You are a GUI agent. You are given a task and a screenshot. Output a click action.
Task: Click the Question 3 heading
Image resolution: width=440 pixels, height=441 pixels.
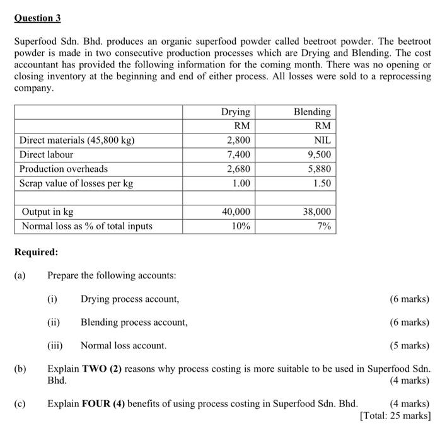tap(37, 18)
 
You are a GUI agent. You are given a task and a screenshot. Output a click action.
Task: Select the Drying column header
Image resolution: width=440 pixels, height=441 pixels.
tap(235, 112)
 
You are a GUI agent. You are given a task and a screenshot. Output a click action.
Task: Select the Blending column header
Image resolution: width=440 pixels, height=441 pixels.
tap(312, 112)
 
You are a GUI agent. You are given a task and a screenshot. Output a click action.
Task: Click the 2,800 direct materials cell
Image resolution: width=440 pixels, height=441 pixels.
tap(238, 140)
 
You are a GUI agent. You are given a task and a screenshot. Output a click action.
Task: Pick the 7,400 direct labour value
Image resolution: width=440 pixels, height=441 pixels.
tap(238, 154)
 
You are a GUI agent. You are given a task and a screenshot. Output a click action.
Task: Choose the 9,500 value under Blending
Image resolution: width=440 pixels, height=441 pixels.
tap(318, 154)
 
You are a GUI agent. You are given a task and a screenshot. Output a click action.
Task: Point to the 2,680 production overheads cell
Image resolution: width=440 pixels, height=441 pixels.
tap(238, 169)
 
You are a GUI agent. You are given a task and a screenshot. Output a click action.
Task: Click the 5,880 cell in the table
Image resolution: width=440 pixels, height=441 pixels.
tap(318, 169)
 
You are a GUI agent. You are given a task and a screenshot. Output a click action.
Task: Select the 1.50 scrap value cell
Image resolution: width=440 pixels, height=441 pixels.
tap(321, 183)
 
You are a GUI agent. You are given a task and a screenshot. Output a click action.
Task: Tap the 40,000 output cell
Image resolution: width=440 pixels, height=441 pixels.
tap(236, 212)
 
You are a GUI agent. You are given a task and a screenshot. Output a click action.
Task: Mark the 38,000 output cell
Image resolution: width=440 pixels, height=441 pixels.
tap(316, 212)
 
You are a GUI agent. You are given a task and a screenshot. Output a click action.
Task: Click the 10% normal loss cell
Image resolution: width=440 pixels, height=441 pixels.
tap(240, 226)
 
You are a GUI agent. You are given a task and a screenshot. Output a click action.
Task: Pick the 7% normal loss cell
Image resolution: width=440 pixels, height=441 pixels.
tap(323, 226)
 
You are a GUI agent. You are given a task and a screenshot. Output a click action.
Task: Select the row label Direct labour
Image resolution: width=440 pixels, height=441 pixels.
tap(46, 154)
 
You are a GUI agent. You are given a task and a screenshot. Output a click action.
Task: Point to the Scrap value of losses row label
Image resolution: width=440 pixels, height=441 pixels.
tap(76, 183)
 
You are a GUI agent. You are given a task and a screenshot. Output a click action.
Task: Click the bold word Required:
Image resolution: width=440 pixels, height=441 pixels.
tap(36, 252)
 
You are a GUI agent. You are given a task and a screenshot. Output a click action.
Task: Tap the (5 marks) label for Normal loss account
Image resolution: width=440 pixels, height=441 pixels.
tap(410, 345)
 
